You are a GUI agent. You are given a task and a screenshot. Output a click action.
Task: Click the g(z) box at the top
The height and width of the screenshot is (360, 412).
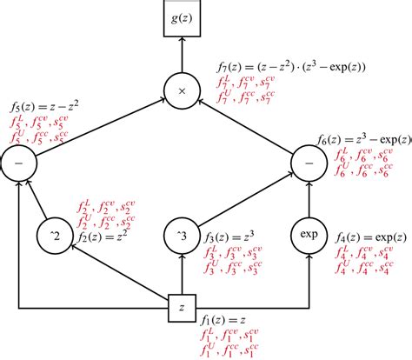click(182, 20)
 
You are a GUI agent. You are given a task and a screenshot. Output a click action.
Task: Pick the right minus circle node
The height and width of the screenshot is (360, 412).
click(310, 163)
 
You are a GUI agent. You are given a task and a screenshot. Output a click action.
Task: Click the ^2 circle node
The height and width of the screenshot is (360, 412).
click(53, 235)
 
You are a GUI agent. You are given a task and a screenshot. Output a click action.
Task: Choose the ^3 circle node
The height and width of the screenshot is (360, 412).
click(182, 235)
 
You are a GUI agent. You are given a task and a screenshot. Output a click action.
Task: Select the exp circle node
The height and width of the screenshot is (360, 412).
click(310, 235)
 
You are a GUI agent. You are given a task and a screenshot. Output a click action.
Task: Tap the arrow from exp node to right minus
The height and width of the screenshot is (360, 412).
click(310, 199)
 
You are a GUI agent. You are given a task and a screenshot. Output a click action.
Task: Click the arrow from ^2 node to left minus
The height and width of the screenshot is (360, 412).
click(37, 202)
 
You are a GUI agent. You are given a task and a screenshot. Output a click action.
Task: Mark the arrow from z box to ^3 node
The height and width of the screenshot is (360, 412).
click(182, 277)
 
